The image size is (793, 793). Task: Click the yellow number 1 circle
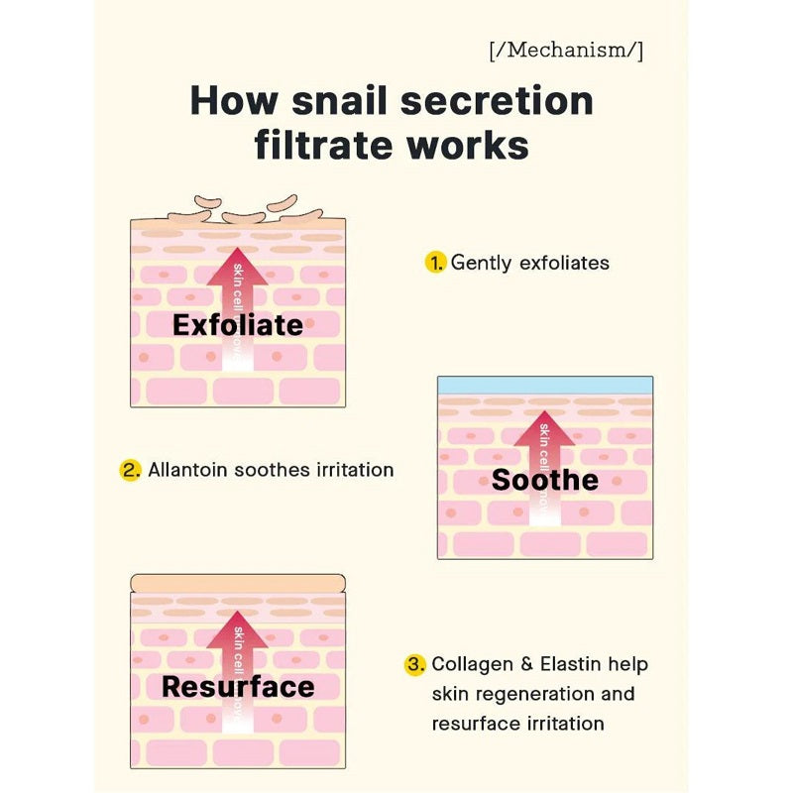point(435,263)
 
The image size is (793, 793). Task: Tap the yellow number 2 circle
point(131,470)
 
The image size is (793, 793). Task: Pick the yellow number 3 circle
point(415,664)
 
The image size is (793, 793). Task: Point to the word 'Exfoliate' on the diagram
point(238,324)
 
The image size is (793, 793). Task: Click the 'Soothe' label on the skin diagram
point(545,480)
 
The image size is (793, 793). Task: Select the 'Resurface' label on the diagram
point(238,686)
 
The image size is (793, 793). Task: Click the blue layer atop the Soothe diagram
point(545,386)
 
